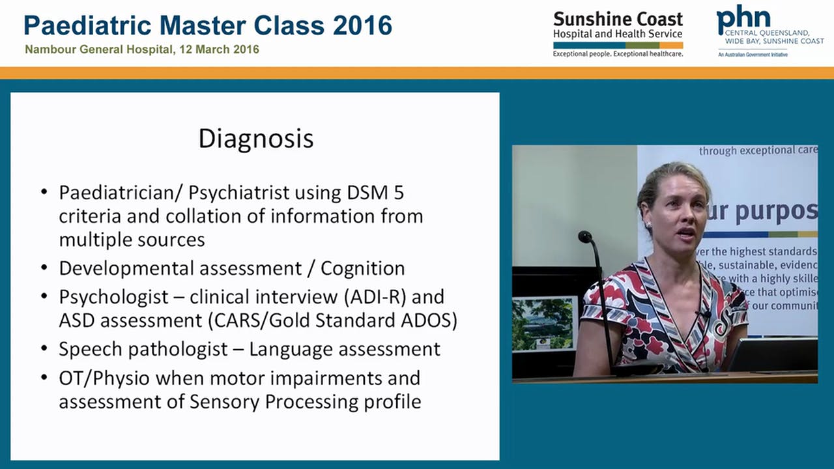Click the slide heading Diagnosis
256,139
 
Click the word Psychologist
114,297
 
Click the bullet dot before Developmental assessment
44,268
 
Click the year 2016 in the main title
362,25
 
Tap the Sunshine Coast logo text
618,19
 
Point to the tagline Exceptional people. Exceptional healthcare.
618,54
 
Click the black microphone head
584,236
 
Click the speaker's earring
649,225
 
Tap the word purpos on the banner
775,211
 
